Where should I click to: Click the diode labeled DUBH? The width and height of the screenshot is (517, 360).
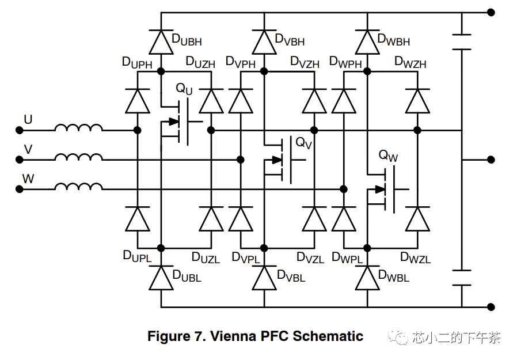pos(161,41)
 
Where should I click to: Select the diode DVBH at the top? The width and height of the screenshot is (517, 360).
pos(264,41)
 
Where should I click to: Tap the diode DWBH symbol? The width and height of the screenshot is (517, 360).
pos(367,41)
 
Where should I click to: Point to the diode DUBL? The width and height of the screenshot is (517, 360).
pos(161,278)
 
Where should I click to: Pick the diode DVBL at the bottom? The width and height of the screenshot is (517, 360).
pos(264,278)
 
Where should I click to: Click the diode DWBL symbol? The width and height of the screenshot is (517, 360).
pos(367,278)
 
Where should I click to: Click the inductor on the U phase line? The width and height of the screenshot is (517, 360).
pos(79,129)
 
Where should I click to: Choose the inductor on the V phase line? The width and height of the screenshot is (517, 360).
pos(79,158)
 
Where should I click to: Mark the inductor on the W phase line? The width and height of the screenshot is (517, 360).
pos(79,188)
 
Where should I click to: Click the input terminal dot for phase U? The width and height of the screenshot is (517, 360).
pos(19,130)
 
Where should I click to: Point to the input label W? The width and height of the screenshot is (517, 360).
pos(28,178)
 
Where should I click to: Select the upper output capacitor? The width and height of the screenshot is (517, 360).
pos(462,41)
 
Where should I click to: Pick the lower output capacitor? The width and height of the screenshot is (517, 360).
pos(462,277)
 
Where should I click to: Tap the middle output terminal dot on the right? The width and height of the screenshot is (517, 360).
pos(491,160)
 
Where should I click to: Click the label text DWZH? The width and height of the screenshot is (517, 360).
pos(410,62)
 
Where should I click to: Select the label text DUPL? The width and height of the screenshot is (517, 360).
pos(137,256)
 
